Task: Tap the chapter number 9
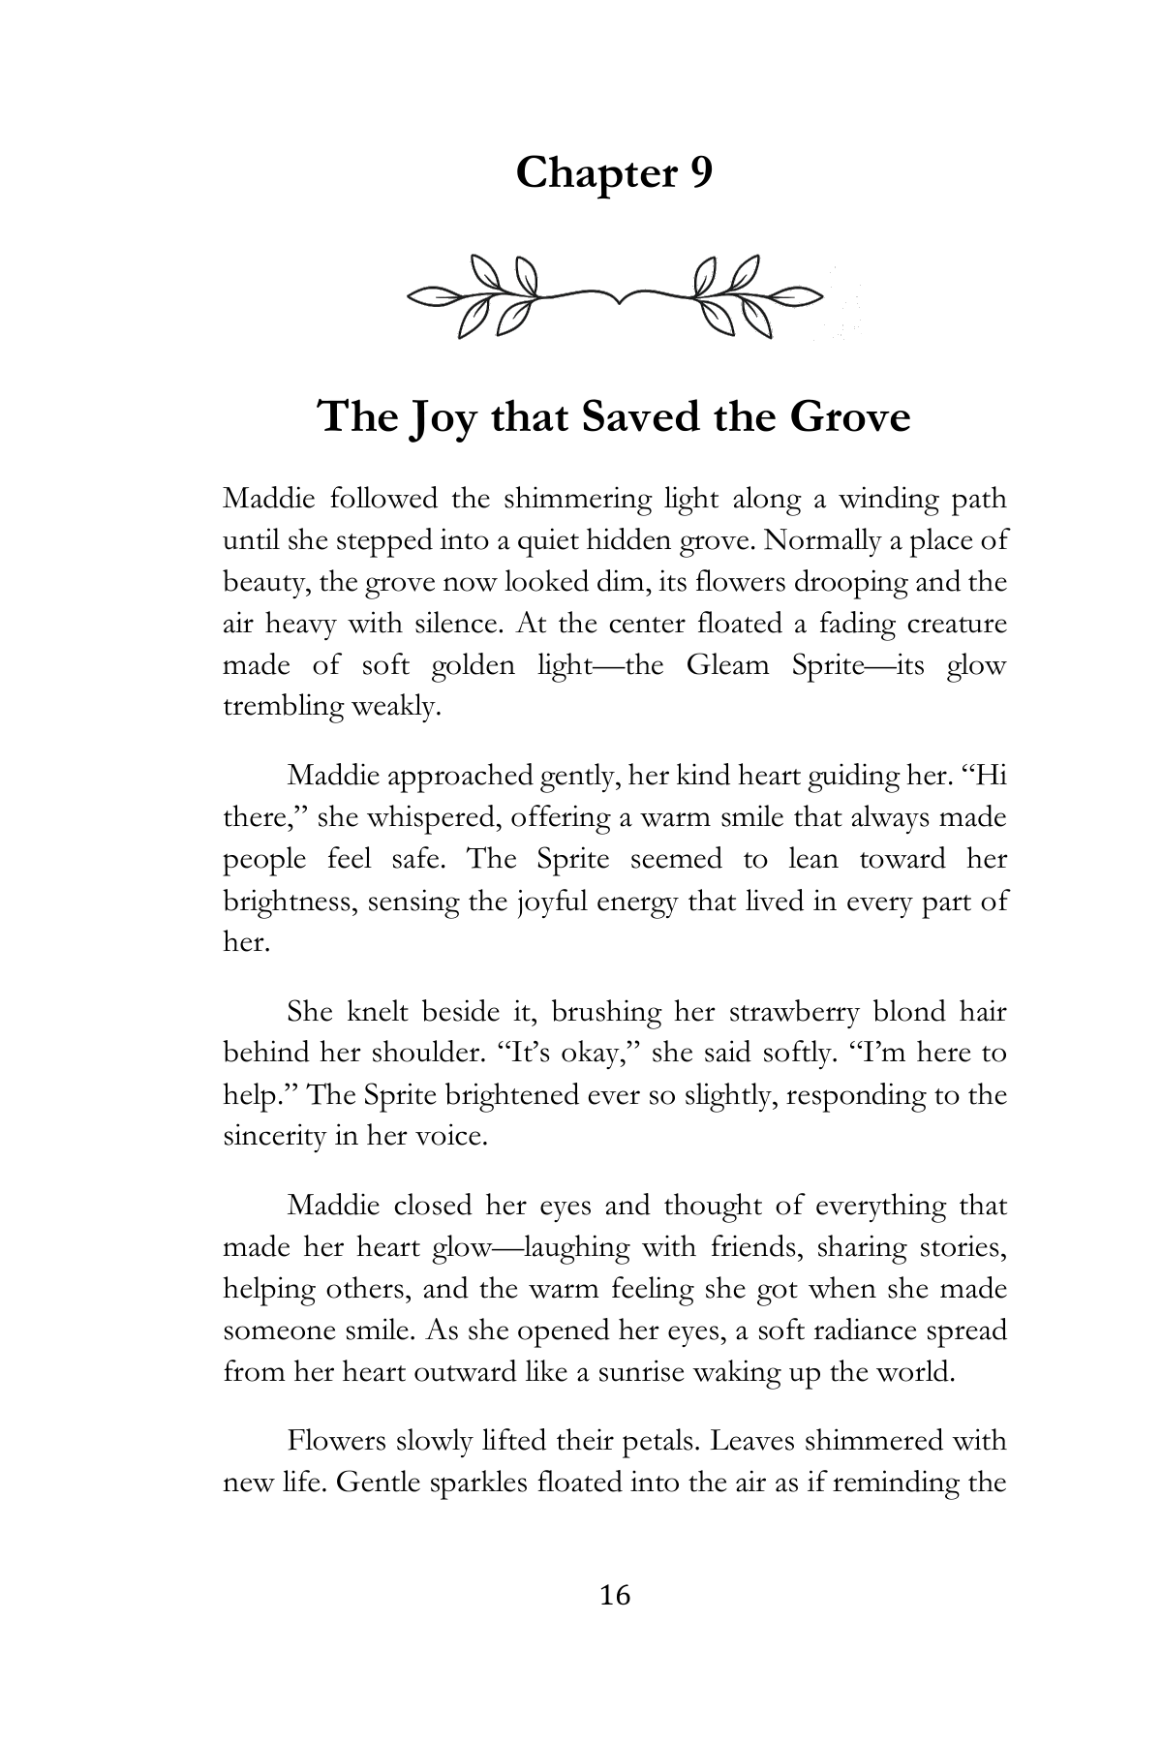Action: click(700, 174)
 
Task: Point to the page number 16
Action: click(615, 1595)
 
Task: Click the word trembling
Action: click(281, 707)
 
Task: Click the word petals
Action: click(647, 1441)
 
